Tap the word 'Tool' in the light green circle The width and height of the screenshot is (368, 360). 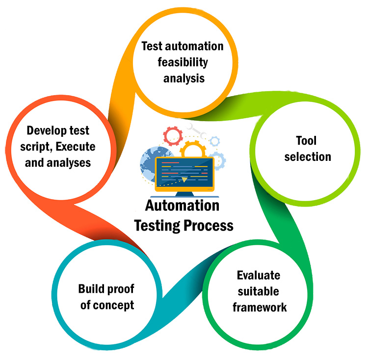(306, 141)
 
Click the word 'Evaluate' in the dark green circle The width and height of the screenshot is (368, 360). (259, 276)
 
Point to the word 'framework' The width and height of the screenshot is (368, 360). (260, 308)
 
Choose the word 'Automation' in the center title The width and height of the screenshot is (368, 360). (182, 206)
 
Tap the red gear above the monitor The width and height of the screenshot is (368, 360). (173, 134)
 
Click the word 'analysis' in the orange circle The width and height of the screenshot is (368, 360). (182, 77)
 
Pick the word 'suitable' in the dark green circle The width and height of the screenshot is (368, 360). (259, 292)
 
